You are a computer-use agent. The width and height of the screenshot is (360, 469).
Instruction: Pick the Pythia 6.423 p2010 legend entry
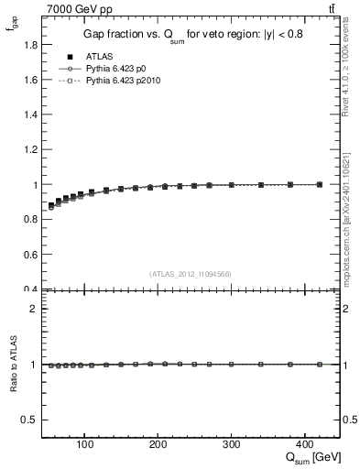tap(122, 81)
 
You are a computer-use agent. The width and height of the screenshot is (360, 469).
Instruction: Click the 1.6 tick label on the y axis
tap(31, 79)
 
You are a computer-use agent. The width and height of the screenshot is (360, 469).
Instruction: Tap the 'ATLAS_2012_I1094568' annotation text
tap(190, 273)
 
